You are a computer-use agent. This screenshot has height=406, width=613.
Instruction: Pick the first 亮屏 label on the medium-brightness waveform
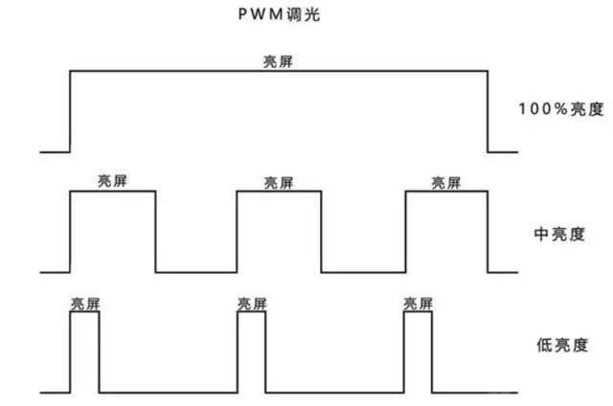tap(112, 182)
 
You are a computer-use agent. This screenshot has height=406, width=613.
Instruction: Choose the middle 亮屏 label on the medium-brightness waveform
tap(279, 182)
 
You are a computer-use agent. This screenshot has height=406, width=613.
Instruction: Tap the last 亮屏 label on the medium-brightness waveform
tap(446, 182)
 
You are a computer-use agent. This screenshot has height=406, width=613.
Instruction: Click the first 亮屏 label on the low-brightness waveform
tap(84, 304)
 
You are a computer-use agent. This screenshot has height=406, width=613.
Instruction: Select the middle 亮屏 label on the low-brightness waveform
tap(251, 304)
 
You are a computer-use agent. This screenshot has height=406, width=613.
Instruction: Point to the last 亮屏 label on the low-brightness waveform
tap(418, 304)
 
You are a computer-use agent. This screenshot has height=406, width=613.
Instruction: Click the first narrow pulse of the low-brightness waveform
tap(84, 352)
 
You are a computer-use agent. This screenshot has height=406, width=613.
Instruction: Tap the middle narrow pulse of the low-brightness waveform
tap(251, 352)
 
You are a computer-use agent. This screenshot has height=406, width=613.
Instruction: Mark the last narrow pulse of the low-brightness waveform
tap(418, 352)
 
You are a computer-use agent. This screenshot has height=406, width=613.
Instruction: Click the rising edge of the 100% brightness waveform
tap(70, 110)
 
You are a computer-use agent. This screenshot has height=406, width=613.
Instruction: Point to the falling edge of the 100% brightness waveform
tap(487, 110)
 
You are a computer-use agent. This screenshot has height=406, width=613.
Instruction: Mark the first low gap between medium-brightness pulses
tap(196, 271)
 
